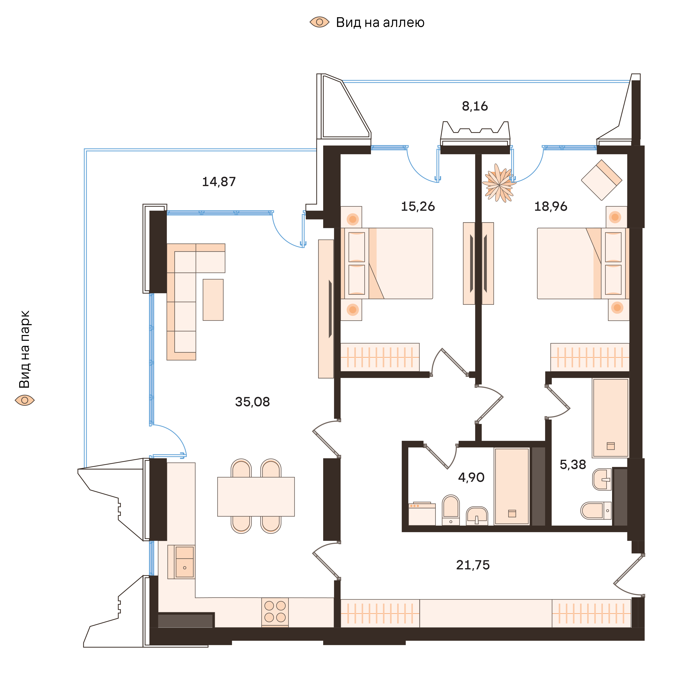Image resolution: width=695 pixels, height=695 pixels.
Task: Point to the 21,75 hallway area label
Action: pos(473,565)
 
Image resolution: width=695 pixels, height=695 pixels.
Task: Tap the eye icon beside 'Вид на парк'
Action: pos(24,400)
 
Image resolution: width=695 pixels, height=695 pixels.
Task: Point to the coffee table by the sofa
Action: pos(213,300)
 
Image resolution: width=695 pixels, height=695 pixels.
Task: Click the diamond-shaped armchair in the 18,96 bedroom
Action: pos(602,180)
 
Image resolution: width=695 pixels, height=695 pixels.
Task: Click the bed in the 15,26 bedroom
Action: pos(396,263)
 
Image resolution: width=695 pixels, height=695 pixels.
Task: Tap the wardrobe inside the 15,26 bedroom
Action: pos(379,357)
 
